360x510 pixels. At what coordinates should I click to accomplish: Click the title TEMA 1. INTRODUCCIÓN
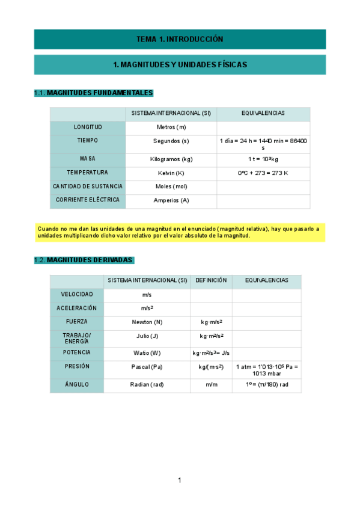(x=180, y=39)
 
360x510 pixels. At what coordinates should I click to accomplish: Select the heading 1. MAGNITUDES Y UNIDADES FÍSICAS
(x=180, y=64)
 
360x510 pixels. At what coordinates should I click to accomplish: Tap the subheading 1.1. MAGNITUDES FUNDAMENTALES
(x=94, y=93)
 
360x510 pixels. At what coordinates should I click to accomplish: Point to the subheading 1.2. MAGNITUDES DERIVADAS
(x=84, y=260)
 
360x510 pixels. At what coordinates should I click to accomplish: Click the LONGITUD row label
(x=88, y=127)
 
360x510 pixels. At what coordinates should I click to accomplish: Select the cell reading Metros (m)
(x=171, y=127)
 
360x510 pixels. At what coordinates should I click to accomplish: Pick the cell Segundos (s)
(x=171, y=141)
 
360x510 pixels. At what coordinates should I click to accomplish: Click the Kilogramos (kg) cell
(x=171, y=159)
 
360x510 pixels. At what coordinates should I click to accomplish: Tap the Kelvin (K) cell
(x=171, y=173)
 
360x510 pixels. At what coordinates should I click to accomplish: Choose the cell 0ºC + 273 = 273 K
(x=263, y=173)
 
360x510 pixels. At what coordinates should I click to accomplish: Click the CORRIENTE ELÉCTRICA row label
(x=88, y=200)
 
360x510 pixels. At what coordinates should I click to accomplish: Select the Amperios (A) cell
(x=171, y=200)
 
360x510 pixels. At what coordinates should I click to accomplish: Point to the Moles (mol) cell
(x=171, y=186)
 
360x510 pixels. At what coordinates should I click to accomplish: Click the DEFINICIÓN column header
(x=211, y=280)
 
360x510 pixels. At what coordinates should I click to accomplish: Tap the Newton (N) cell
(x=147, y=322)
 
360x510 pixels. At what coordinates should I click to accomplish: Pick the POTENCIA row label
(x=77, y=352)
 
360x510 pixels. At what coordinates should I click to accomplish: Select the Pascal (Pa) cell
(x=147, y=366)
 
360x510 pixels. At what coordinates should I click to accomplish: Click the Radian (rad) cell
(x=147, y=384)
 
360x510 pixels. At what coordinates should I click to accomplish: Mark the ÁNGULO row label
(x=77, y=384)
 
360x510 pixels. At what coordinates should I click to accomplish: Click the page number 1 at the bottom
(x=179, y=480)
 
